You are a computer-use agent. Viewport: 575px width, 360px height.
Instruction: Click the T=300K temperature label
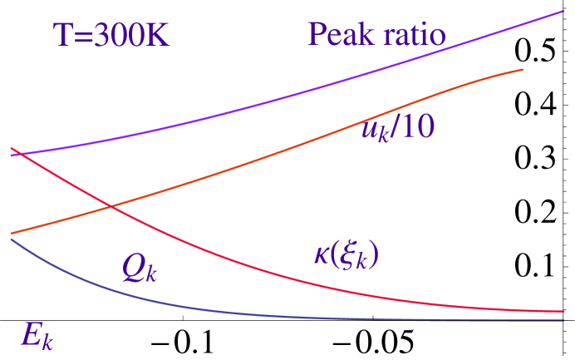click(111, 35)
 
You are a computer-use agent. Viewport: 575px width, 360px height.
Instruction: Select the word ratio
click(413, 35)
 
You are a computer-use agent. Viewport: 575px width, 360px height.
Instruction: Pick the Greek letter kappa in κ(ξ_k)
click(322, 254)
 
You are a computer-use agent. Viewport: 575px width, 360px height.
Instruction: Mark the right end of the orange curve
click(522, 70)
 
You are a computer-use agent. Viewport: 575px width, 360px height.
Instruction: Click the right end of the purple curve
click(563, 12)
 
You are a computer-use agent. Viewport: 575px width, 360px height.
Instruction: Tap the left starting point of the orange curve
click(10, 234)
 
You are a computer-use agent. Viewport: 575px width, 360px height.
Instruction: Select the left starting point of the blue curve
click(10, 239)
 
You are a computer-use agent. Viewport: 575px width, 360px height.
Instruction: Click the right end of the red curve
click(563, 311)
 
